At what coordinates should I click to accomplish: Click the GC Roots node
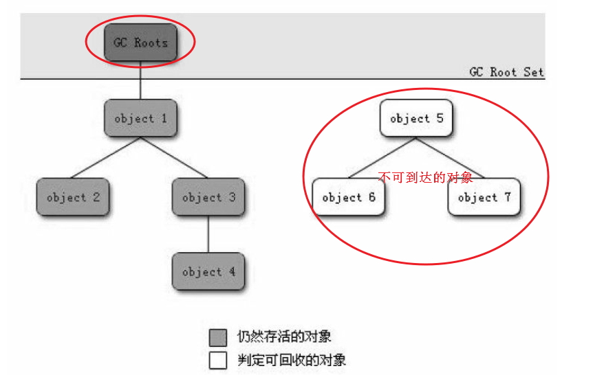(x=140, y=43)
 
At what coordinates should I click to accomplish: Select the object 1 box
(x=140, y=118)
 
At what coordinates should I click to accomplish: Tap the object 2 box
(x=73, y=196)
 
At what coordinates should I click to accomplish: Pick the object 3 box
(x=208, y=196)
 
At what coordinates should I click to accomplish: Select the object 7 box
(x=484, y=196)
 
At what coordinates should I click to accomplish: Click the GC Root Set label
(x=506, y=71)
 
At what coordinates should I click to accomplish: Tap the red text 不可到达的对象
(x=425, y=177)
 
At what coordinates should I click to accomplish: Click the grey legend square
(x=218, y=337)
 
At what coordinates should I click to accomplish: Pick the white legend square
(x=218, y=360)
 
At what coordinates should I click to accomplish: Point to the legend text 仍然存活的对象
(x=284, y=336)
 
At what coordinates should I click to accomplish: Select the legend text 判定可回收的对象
(x=292, y=360)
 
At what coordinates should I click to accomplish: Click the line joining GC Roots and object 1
(x=140, y=80)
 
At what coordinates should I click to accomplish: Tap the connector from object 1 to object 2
(x=106, y=157)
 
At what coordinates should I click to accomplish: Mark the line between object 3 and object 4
(x=208, y=234)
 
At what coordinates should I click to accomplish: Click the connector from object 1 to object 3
(x=174, y=157)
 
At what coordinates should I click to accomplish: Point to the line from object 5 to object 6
(x=382, y=157)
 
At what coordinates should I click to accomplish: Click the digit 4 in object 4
(x=232, y=271)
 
